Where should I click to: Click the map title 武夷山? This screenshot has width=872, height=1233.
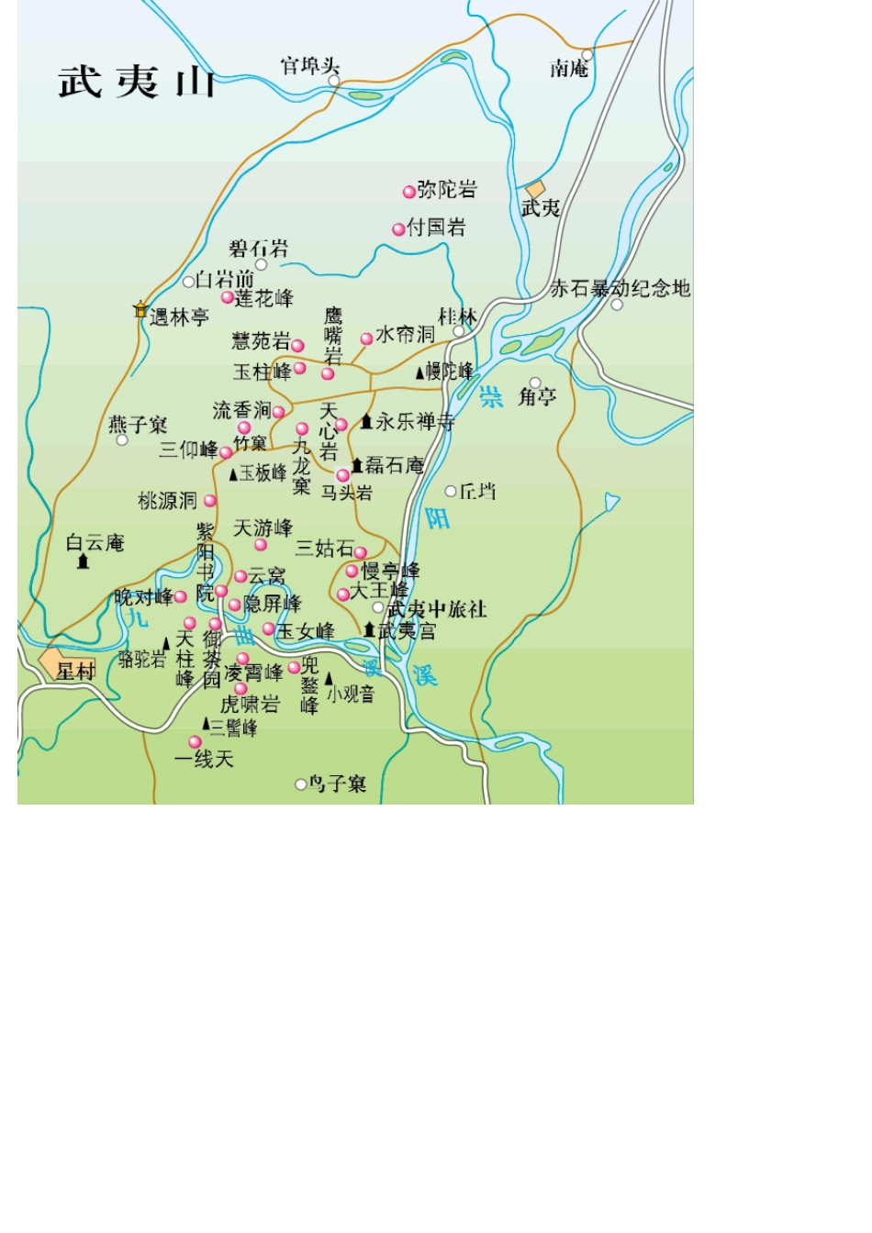[137, 83]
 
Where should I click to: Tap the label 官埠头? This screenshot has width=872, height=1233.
[309, 66]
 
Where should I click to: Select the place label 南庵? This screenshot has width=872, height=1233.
[568, 69]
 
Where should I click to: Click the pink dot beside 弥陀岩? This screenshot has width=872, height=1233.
[408, 192]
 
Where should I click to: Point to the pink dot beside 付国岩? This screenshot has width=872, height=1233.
[398, 229]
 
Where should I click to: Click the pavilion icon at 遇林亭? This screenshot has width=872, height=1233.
[140, 310]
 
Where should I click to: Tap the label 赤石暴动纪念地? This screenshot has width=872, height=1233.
[620, 288]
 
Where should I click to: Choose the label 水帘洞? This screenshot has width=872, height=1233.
[405, 334]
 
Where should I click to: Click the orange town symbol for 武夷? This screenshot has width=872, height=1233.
[535, 190]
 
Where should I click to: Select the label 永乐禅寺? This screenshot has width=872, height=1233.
[414, 421]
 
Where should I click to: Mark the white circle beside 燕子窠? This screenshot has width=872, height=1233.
[122, 440]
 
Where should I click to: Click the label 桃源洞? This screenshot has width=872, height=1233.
[167, 501]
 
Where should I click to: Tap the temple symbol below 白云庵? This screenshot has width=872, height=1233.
[84, 561]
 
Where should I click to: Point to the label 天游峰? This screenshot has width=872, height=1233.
[263, 528]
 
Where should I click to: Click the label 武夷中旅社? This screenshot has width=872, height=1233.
[437, 609]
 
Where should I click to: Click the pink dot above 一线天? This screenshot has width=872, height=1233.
[195, 742]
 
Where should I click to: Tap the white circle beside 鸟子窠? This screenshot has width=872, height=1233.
[300, 784]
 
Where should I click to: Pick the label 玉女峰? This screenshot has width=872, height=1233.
[306, 631]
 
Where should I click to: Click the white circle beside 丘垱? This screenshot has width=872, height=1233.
[451, 492]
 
